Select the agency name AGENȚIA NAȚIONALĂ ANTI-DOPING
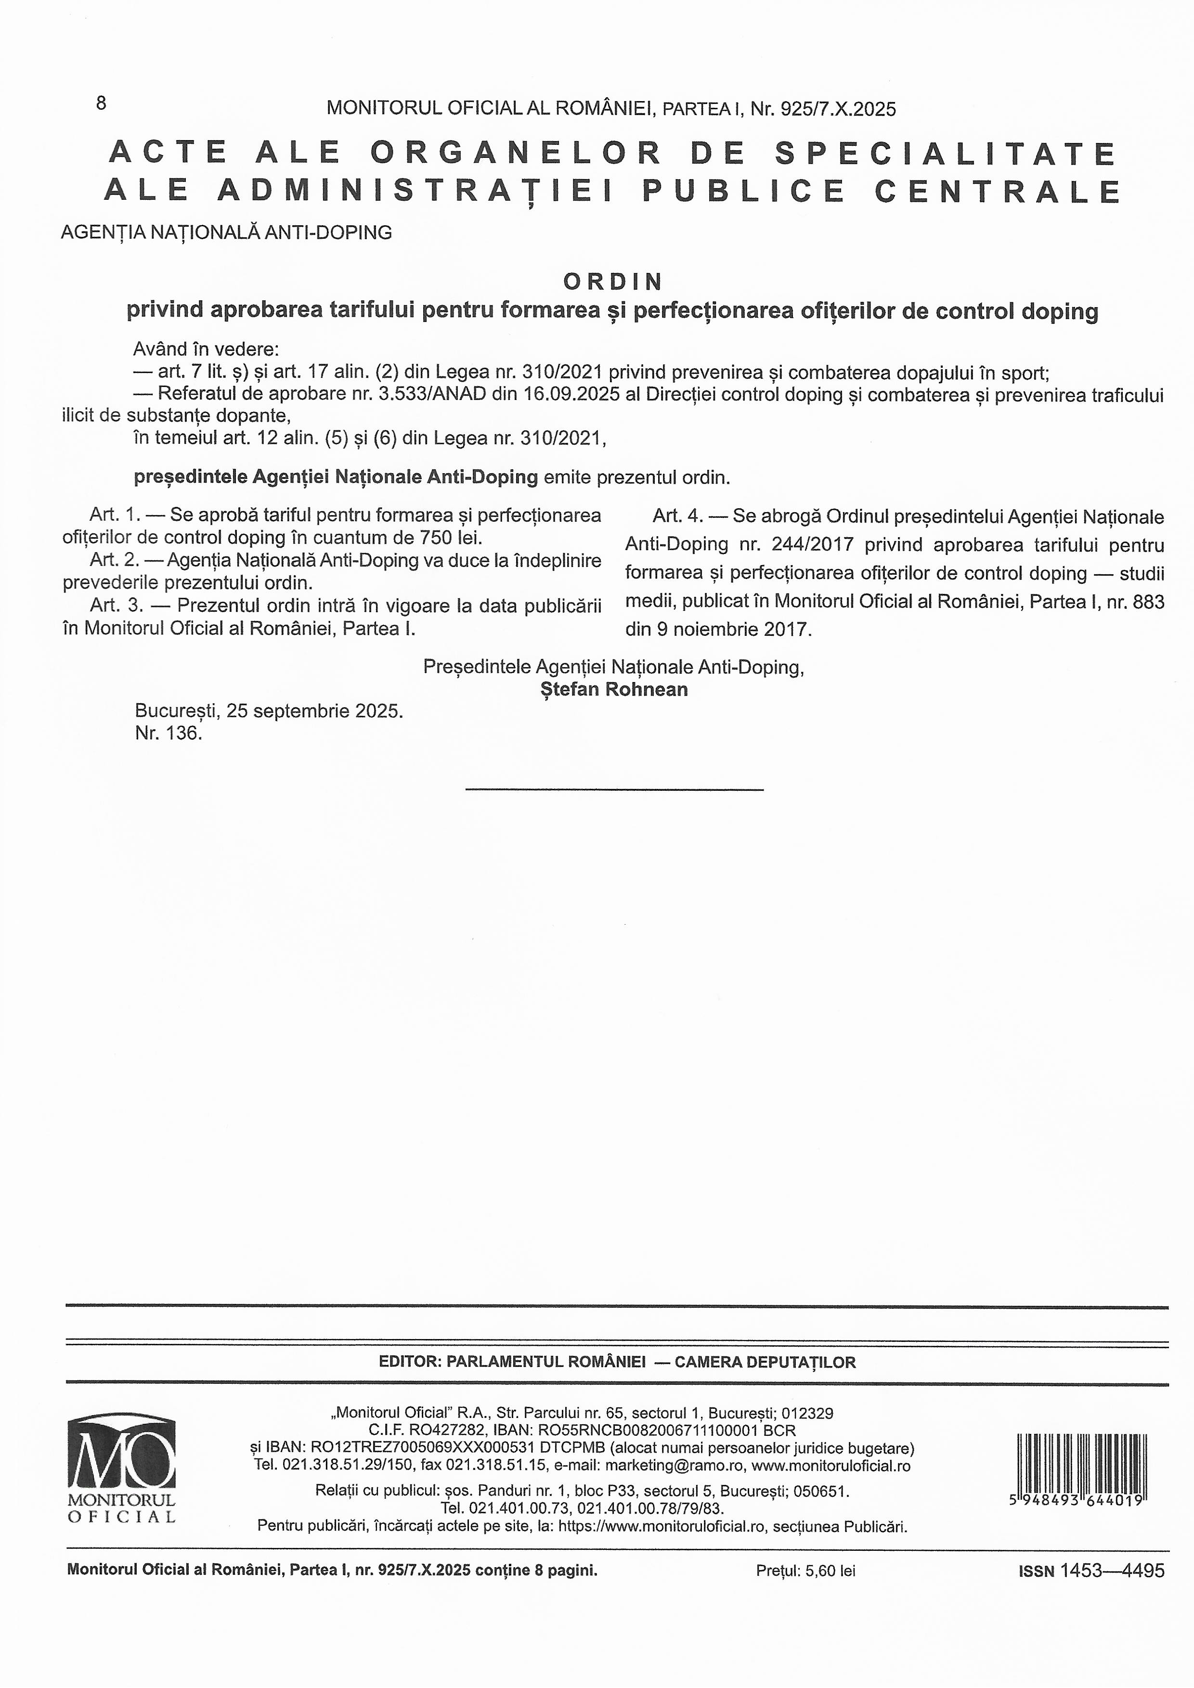(x=226, y=233)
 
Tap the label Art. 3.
(x=114, y=606)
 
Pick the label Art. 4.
(x=677, y=516)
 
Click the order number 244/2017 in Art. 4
(x=812, y=545)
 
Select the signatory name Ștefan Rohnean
(x=614, y=690)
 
